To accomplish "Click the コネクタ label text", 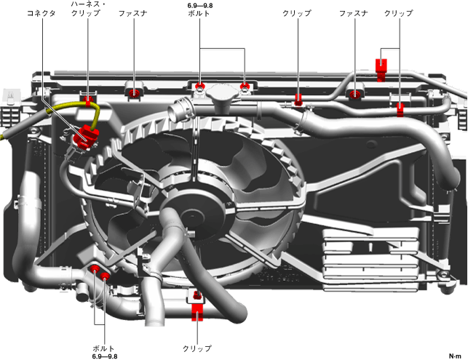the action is tap(41, 14).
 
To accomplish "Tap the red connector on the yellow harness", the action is tap(88, 135).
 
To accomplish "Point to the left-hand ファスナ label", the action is tap(135, 14).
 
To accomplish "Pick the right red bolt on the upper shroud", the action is tap(246, 88).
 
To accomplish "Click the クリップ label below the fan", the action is tap(197, 348).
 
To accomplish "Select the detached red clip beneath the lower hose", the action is tap(197, 314).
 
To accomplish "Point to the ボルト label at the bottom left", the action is tap(104, 348).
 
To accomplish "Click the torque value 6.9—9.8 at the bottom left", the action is tap(104, 356).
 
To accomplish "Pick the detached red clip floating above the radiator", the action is tap(381, 66).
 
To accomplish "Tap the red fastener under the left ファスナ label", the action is tap(135, 92).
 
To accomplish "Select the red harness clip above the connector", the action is tap(89, 99).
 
